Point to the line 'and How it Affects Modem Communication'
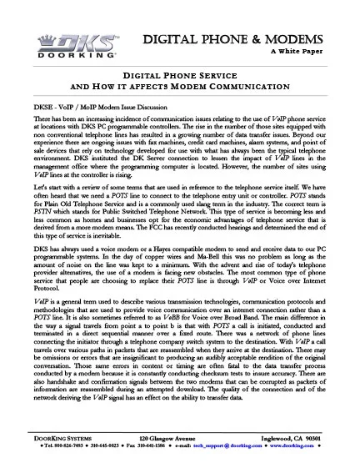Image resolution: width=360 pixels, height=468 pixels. pyautogui.click(x=180, y=87)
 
